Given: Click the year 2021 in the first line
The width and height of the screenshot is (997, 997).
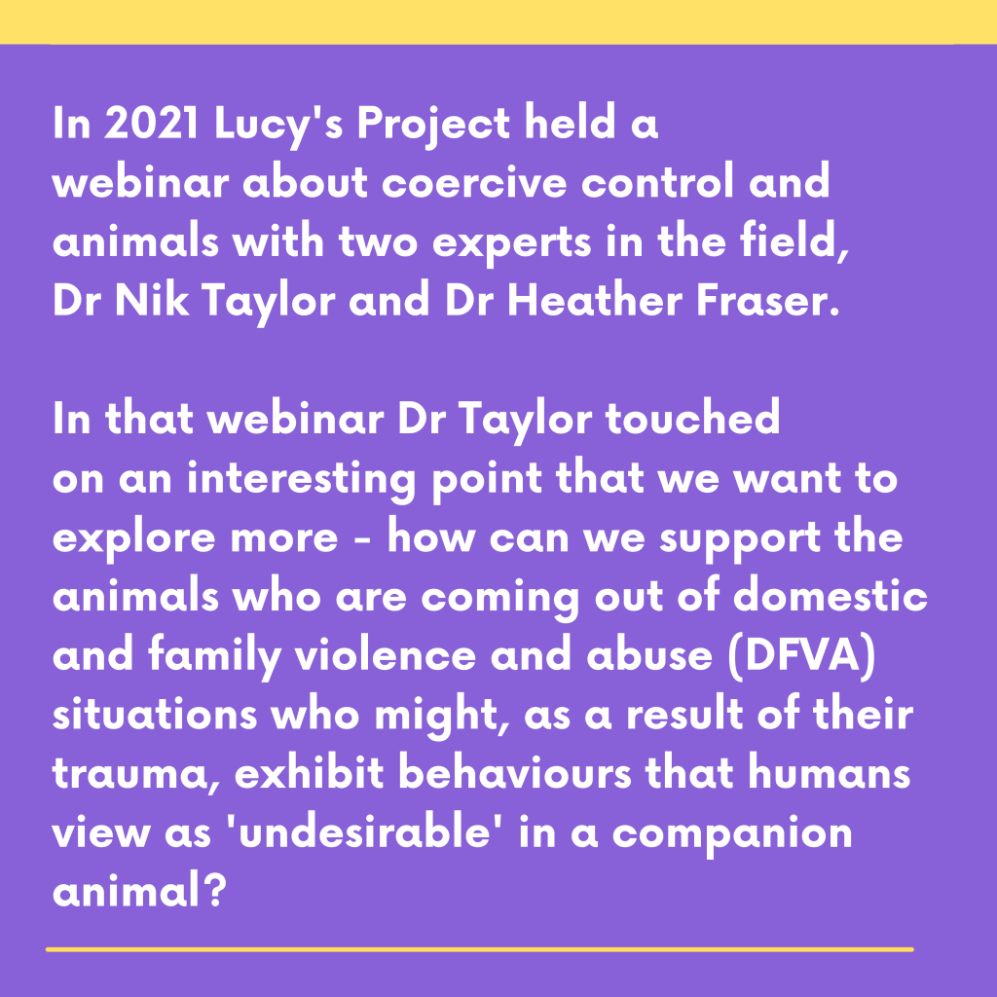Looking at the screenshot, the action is coord(151,123).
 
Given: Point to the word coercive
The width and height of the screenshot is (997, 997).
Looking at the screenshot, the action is coord(474,182).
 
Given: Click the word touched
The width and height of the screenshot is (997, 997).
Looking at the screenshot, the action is coord(692,418).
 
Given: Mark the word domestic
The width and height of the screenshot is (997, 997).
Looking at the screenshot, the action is coord(830,596).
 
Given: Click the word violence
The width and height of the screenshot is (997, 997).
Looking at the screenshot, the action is coord(386,655).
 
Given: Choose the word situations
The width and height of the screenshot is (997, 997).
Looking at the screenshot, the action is coord(155,715).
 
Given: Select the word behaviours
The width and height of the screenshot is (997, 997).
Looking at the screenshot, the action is coord(515,773).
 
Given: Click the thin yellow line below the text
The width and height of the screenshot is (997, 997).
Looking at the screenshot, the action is coord(479,949).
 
